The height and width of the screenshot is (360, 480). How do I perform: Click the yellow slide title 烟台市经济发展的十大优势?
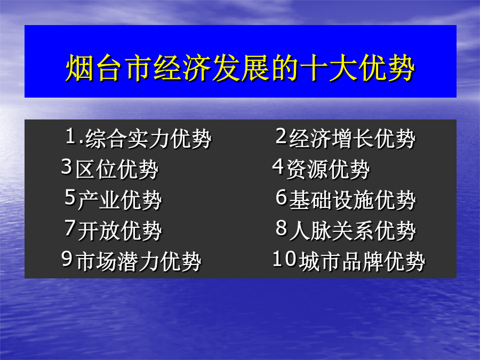coord(241,68)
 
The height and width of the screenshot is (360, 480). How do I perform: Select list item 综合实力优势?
coord(148,138)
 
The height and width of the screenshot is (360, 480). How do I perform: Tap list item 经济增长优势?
coord(353,138)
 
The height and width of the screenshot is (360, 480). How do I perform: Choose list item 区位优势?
coord(117,169)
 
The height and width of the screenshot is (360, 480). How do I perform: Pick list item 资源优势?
coord(328,169)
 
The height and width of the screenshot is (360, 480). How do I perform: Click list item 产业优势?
coord(119,199)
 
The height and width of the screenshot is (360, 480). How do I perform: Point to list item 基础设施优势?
coord(353,199)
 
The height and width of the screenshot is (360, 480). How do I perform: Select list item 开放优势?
coord(119,230)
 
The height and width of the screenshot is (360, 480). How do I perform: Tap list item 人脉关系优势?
coord(353,230)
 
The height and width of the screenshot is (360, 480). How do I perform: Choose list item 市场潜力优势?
coord(138,261)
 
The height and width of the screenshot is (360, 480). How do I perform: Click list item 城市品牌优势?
coord(362,261)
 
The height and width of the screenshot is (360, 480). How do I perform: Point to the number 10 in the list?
coord(284,259)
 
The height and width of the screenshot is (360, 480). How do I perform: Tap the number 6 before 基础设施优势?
coord(281,197)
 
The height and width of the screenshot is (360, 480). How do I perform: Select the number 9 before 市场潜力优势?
coord(67,259)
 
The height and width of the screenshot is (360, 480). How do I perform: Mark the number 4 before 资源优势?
coord(278,166)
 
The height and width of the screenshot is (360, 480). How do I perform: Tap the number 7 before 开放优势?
coord(70,228)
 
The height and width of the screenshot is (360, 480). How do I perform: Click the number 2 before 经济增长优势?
coord(281,136)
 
